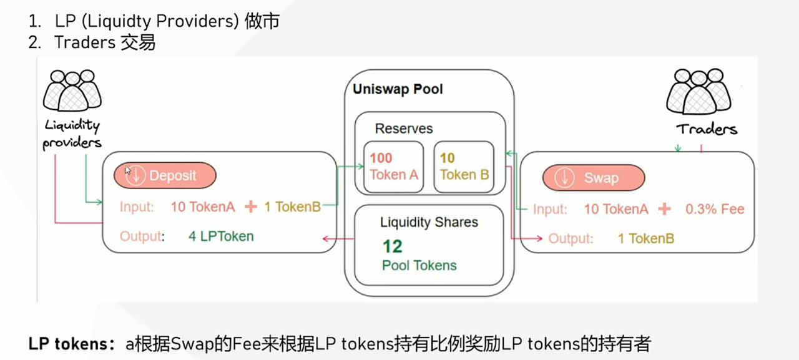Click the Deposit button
pyautogui.click(x=165, y=176)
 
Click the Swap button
pyautogui.click(x=593, y=178)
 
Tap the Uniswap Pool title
pyautogui.click(x=398, y=89)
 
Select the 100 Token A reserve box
pyautogui.click(x=393, y=167)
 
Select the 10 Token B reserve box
pyautogui.click(x=464, y=167)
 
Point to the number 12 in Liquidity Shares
pyautogui.click(x=393, y=246)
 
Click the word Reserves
pyautogui.click(x=403, y=129)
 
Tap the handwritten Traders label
pyautogui.click(x=707, y=129)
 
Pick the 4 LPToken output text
pyautogui.click(x=221, y=236)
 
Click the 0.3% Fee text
pyautogui.click(x=715, y=210)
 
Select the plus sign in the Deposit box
pyautogui.click(x=250, y=207)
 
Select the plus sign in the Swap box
pyautogui.click(x=664, y=210)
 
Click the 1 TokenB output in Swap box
pyautogui.click(x=646, y=238)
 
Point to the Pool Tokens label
pyautogui.click(x=419, y=266)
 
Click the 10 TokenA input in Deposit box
pyautogui.click(x=203, y=207)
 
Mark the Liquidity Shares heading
pyautogui.click(x=429, y=223)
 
